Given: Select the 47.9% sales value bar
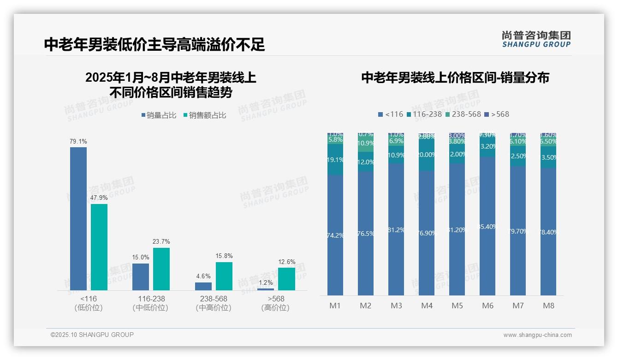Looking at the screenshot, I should tap(99, 247).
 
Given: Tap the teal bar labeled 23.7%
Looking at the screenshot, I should tap(161, 269).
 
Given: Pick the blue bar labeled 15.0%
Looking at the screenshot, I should tap(141, 277).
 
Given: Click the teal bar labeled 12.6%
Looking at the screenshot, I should tap(286, 279).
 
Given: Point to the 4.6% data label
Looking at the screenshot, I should tap(203, 276).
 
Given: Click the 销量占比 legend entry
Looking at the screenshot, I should tap(159, 115).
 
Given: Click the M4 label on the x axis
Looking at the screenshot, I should tap(427, 306).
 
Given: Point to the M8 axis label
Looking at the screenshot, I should tap(548, 306).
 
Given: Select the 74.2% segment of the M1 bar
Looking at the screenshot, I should tap(335, 235).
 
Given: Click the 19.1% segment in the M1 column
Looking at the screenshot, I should tap(335, 160).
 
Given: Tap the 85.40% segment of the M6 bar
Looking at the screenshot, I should tap(487, 226).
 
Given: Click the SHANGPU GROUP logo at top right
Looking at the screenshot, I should tap(536, 39).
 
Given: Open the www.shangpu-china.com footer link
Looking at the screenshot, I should tap(537, 335).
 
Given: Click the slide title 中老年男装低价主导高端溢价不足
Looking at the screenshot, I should tap(154, 44).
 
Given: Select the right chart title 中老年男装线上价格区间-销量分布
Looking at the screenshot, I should tap(455, 78).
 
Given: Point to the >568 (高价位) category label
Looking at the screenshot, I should tap(275, 303).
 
